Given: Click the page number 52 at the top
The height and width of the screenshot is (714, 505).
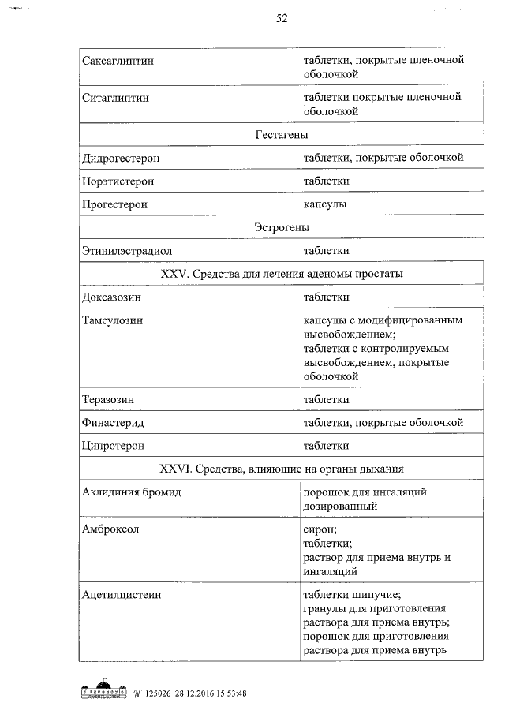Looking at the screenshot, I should point(281,19).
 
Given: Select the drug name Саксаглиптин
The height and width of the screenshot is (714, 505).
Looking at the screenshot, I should point(118,59).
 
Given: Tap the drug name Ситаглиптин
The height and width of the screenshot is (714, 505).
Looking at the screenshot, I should point(115,97).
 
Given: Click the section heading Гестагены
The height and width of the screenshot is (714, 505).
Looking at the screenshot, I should point(281,135).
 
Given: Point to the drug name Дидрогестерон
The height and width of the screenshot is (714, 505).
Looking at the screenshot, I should point(121,158).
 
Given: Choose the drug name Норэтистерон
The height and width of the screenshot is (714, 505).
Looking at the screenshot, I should point(118,181).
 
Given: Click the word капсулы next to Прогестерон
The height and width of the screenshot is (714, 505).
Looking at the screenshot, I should point(325,204).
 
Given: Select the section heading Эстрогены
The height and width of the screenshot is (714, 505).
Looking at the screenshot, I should point(281,227).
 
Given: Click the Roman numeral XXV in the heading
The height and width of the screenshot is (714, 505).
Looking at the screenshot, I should point(172,274).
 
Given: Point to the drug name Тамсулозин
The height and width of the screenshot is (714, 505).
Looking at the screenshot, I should point(113,320).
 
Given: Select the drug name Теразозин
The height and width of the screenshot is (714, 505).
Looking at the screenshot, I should point(107,399).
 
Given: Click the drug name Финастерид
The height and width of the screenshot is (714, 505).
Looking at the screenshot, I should point(113,423).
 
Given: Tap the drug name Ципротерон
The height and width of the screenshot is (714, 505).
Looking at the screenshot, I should point(113,446).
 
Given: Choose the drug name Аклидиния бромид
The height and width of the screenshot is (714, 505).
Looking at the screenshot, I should point(132,492).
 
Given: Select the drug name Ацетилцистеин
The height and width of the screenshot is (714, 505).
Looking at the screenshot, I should point(122,594).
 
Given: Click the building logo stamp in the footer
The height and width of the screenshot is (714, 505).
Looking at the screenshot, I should point(105,693).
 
